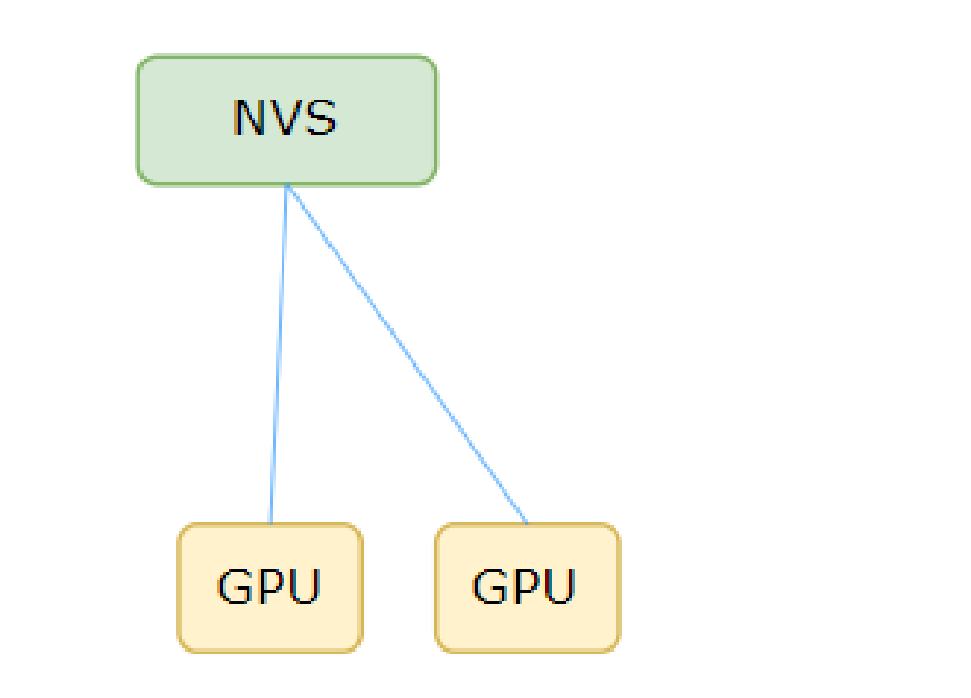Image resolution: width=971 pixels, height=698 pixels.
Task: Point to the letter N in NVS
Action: (x=248, y=118)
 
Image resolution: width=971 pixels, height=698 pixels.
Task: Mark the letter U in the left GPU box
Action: (x=303, y=587)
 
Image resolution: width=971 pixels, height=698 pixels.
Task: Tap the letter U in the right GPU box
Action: (x=559, y=587)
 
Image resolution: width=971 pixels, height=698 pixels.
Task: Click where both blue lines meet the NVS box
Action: (x=286, y=185)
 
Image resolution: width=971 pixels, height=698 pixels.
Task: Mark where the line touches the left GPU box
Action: (x=271, y=523)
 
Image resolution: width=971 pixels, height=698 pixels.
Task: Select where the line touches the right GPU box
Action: (x=527, y=523)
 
